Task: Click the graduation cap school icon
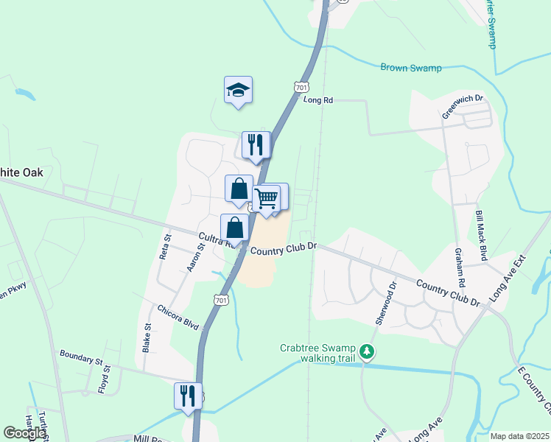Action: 238,90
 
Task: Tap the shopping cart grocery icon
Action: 266,197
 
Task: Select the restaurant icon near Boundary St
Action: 188,396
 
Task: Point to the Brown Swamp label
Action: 410,68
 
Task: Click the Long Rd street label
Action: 318,99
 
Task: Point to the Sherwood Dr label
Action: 386,302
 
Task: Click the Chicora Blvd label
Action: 178,317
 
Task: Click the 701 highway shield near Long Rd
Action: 300,87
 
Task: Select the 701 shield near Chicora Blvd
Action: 220,299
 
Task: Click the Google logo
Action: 24,433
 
